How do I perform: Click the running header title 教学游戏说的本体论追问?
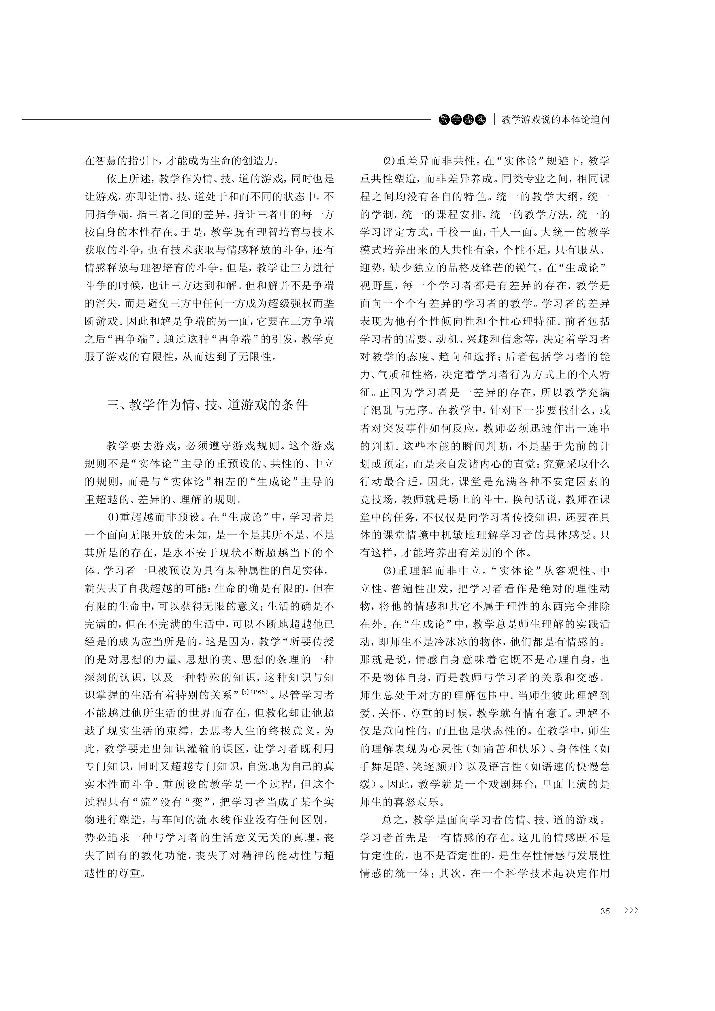pyautogui.click(x=556, y=119)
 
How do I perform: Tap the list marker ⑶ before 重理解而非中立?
pyautogui.click(x=389, y=571)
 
